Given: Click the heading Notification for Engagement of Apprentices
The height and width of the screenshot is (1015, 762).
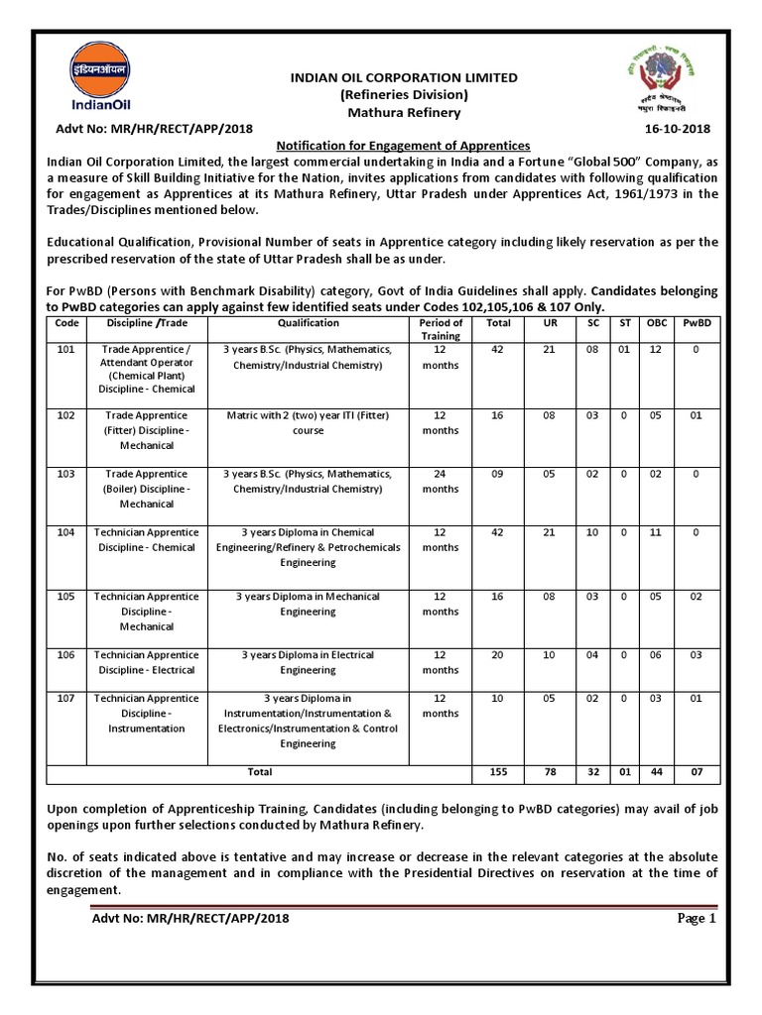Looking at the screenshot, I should (x=403, y=146).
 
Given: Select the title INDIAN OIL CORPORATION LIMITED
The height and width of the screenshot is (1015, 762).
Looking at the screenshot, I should (x=403, y=77).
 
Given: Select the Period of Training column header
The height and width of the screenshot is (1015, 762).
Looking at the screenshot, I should (x=441, y=329).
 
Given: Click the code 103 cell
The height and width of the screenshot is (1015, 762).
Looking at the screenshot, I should (x=65, y=474).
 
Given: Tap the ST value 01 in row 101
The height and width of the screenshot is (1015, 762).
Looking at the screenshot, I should (x=624, y=350).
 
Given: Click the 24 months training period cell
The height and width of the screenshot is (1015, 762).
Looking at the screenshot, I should (x=441, y=481).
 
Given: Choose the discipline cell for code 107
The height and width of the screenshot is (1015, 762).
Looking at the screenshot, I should (x=147, y=714).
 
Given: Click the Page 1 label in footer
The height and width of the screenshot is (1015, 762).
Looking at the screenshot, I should (x=697, y=918).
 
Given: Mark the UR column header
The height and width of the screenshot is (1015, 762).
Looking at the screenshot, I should (x=550, y=322).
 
